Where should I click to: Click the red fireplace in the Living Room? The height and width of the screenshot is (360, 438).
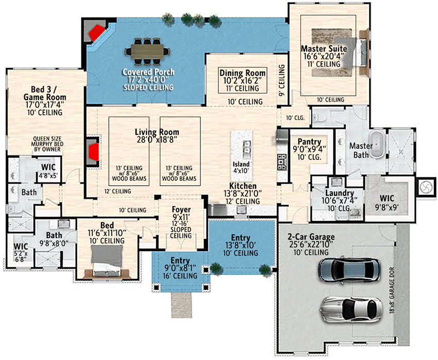pos(94,152)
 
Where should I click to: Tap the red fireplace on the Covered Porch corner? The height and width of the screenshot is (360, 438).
pos(97,33)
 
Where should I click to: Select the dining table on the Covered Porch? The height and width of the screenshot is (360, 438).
pos(148,51)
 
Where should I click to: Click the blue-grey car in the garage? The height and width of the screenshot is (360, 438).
pos(349,270)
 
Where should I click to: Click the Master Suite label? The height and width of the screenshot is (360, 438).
pos(324,49)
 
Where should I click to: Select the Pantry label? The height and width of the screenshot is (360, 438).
pos(309,142)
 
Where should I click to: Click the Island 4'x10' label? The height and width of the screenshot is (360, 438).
pos(241,168)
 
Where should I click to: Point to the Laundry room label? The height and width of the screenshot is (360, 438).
pos(340,193)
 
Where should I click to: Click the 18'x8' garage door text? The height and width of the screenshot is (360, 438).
pos(392,290)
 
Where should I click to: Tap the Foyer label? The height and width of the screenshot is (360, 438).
pos(181,209)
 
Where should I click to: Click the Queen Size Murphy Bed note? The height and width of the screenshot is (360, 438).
pos(47,144)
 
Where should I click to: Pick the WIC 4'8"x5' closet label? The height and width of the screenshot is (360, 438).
pos(48,171)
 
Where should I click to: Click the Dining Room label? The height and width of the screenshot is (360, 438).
pos(243,73)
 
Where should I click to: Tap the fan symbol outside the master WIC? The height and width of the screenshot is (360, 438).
pos(426,187)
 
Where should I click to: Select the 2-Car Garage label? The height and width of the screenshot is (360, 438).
pos(311,237)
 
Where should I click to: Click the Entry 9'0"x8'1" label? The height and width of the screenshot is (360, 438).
pos(180,268)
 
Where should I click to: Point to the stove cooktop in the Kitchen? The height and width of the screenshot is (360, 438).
pos(282,162)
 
